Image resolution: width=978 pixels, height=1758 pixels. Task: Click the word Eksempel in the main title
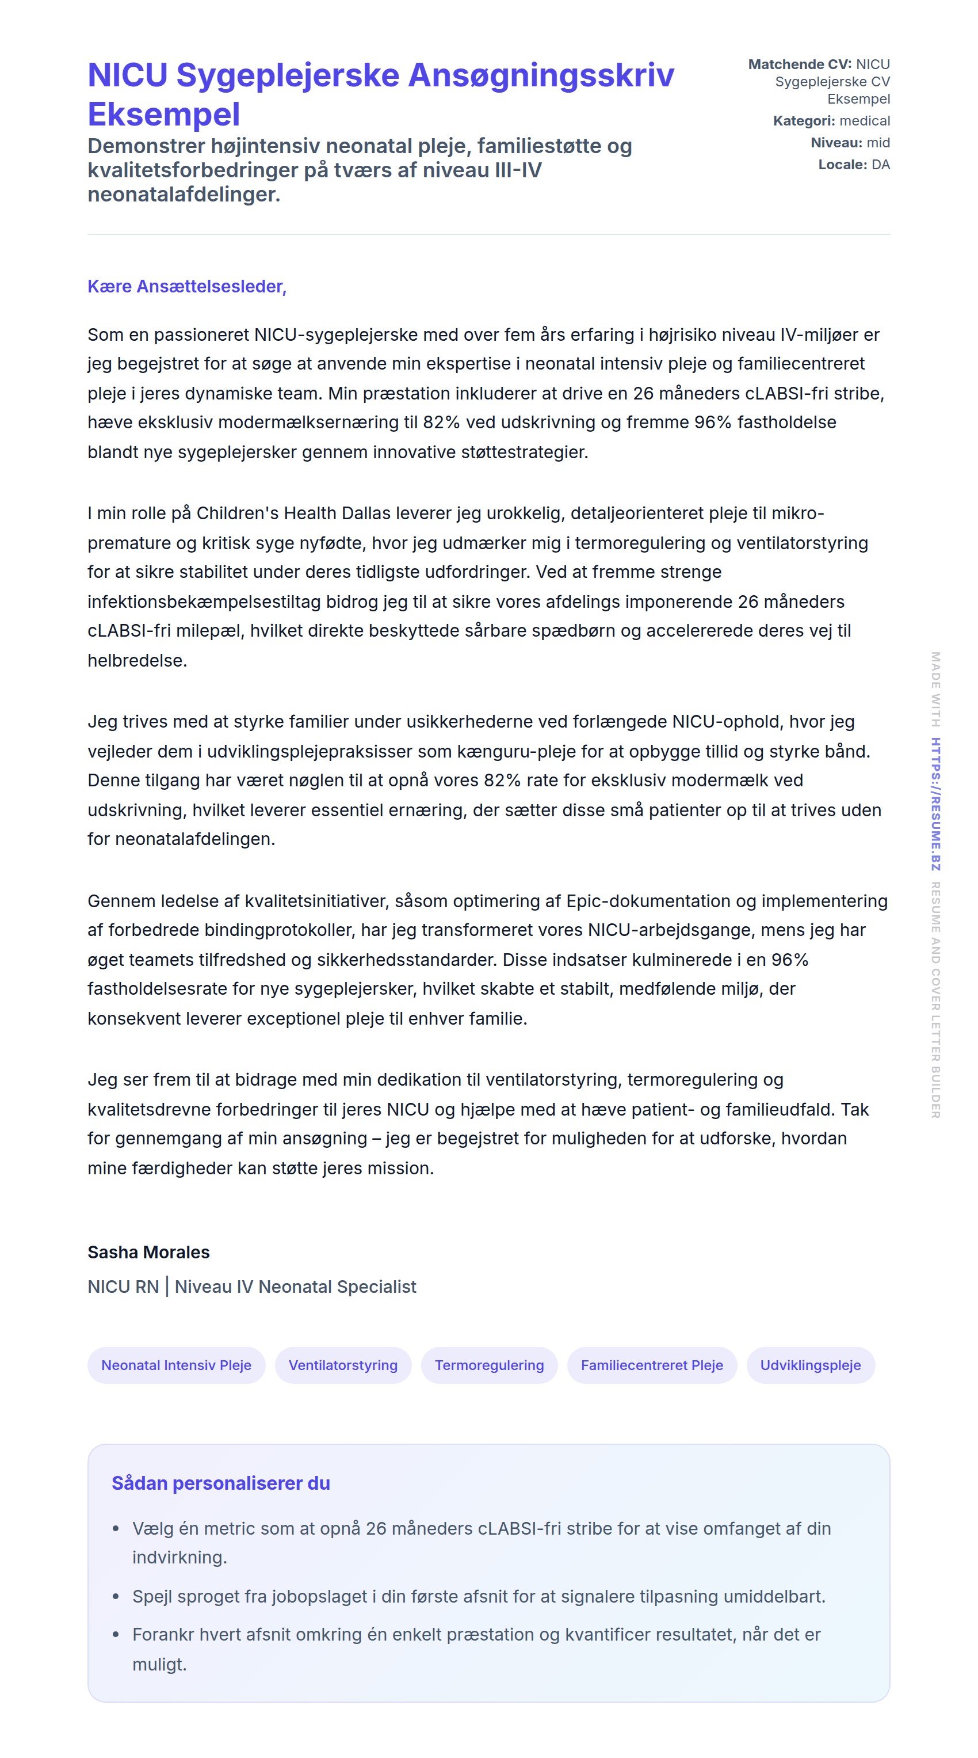(x=164, y=115)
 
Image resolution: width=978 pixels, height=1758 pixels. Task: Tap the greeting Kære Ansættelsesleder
(x=186, y=287)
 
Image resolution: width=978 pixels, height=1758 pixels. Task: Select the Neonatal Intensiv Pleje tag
(x=176, y=1365)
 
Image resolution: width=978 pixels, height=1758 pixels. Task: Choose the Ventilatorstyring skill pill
(x=342, y=1365)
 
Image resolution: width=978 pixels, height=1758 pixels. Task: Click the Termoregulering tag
(x=489, y=1365)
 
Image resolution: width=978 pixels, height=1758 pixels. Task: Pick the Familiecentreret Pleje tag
(x=651, y=1365)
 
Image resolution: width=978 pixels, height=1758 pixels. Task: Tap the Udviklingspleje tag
(x=809, y=1365)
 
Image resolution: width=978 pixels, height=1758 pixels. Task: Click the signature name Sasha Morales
(x=148, y=1253)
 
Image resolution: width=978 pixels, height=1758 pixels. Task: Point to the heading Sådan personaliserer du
(x=221, y=1483)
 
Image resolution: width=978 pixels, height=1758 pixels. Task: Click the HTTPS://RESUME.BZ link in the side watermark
(x=935, y=804)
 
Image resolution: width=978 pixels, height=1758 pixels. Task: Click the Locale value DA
(x=880, y=165)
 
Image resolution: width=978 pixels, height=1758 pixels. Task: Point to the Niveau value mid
(x=878, y=143)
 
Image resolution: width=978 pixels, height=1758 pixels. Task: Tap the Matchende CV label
(x=799, y=64)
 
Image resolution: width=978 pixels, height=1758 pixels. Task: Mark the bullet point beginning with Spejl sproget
(x=478, y=1597)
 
